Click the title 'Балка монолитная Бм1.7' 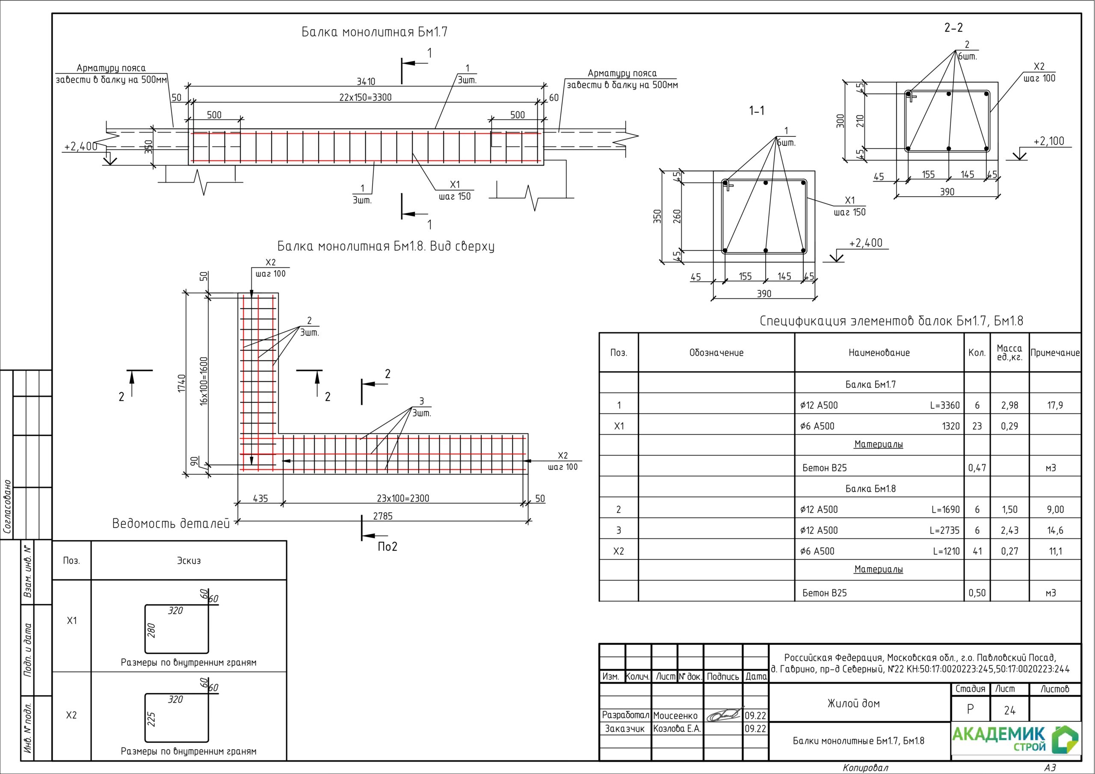pos(374,32)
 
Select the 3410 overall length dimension pos(366,82)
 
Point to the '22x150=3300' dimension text pos(365,97)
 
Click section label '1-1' pos(756,111)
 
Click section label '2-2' pos(953,28)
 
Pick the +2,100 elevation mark pos(1049,141)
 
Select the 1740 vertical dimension pos(181,384)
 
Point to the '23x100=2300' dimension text pos(403,498)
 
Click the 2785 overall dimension pos(382,516)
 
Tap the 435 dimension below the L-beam pos(260,498)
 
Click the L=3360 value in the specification pos(944,405)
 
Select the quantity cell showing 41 pos(977,551)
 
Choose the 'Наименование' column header pos(879,353)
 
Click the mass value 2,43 pos(1009,530)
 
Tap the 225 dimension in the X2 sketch pos(152,719)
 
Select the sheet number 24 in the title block pos(1009,711)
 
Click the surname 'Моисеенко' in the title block pos(675,716)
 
